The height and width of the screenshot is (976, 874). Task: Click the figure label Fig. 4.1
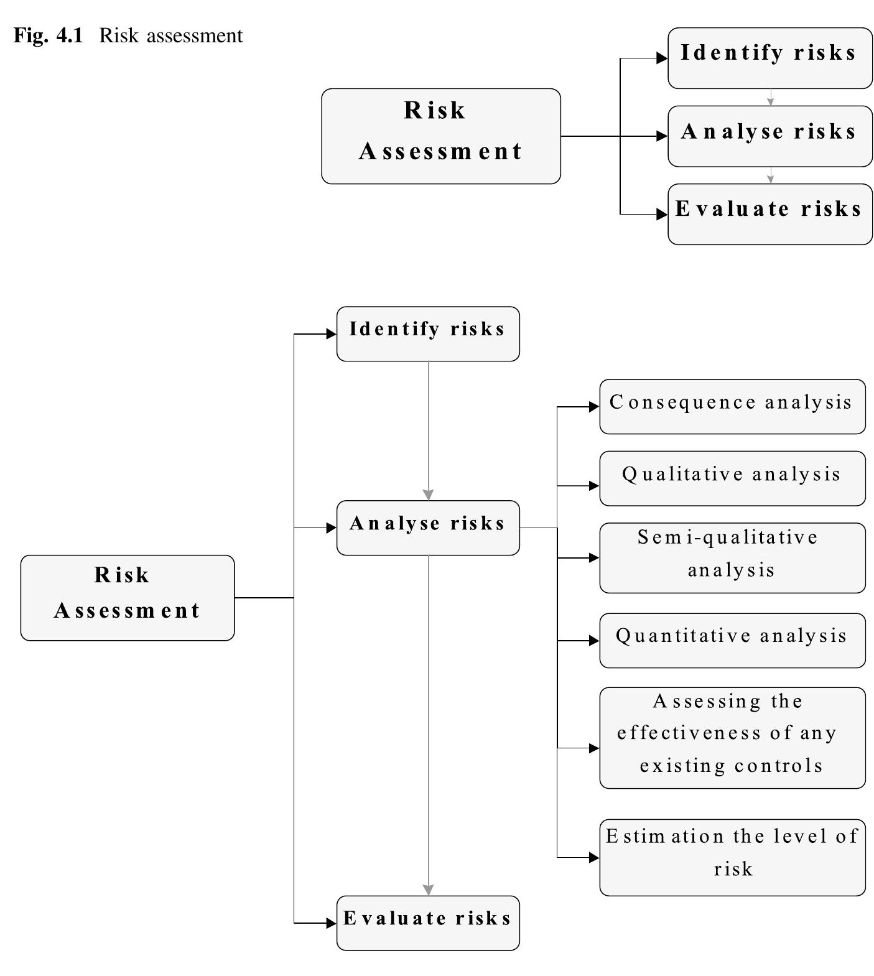coord(48,36)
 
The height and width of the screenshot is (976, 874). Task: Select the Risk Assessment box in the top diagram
coord(440,136)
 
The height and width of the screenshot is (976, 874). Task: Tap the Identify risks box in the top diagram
coord(769,58)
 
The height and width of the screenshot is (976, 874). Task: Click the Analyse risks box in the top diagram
coord(769,136)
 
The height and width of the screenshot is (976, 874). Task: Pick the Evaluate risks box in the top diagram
coord(769,214)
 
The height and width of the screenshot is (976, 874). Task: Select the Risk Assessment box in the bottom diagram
coord(128,598)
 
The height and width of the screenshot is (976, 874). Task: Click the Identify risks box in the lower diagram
coord(428,334)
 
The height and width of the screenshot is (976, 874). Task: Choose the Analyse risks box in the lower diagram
coord(428,528)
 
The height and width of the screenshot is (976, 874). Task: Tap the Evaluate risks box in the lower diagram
coord(428,923)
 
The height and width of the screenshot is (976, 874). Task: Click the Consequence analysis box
coord(732,407)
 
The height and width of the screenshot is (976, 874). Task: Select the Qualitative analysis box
coord(732,478)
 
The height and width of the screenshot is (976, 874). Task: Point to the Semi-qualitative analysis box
coord(732,558)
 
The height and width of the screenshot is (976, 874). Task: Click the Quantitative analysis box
coord(732,641)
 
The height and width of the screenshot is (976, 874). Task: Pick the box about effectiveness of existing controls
coord(732,738)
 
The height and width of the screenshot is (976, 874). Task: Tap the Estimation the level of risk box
coord(732,857)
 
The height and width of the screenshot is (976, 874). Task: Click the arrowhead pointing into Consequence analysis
coord(594,407)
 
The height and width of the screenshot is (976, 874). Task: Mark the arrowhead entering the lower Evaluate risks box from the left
coord(331,923)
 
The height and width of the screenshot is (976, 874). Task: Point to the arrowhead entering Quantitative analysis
coord(594,641)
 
